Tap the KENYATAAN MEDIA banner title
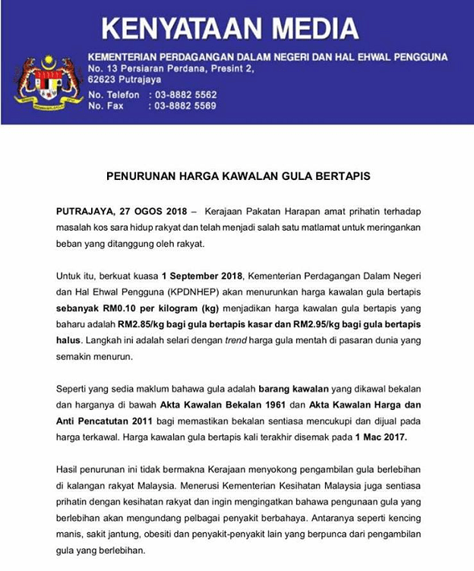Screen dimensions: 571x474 (x=229, y=28)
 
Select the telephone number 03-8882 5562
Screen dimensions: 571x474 (x=185, y=95)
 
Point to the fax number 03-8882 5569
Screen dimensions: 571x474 (x=185, y=106)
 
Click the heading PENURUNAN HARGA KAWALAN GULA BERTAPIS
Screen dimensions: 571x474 (x=238, y=176)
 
